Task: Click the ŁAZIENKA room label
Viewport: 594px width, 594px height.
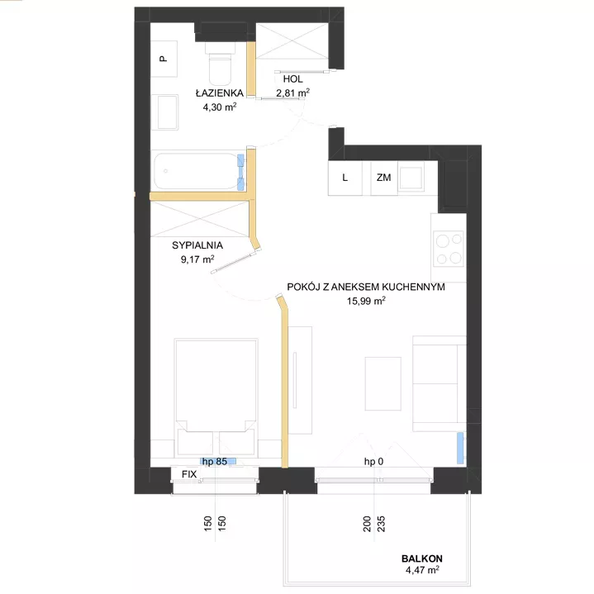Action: click(x=219, y=93)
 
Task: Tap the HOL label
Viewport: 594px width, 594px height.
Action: click(x=292, y=79)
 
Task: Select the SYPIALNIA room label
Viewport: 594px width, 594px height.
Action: click(x=197, y=245)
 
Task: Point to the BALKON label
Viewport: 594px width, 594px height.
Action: click(x=422, y=558)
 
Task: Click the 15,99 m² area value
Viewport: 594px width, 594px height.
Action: click(x=366, y=301)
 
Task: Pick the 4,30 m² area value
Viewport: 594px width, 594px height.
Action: click(x=220, y=107)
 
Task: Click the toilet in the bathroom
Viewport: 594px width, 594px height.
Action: click(x=220, y=64)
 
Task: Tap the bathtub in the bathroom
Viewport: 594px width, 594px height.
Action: click(x=198, y=171)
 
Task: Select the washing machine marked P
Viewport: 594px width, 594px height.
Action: click(x=164, y=59)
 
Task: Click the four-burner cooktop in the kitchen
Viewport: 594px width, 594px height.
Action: click(x=449, y=249)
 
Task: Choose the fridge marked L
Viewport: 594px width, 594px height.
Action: click(x=345, y=178)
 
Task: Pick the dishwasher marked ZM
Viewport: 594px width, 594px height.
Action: click(x=384, y=178)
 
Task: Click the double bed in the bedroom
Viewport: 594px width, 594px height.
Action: click(x=216, y=397)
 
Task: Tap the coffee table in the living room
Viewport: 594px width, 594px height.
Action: click(x=383, y=383)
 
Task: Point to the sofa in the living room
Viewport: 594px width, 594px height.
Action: click(x=440, y=383)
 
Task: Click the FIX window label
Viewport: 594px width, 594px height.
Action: click(x=189, y=474)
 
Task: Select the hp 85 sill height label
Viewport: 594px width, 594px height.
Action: click(x=215, y=462)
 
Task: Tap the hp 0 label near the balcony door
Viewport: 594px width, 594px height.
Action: click(x=373, y=462)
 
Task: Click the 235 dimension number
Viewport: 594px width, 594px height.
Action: click(x=381, y=524)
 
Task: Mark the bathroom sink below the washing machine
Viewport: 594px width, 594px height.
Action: click(x=164, y=112)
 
